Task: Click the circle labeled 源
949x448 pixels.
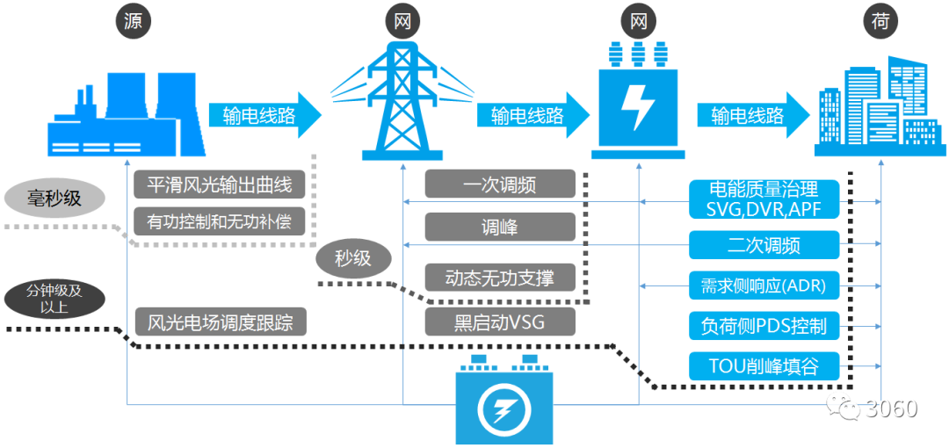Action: (x=132, y=22)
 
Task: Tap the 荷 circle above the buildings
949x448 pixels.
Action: (x=881, y=22)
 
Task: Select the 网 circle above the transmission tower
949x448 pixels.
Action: (x=402, y=22)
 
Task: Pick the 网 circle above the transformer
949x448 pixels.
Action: (x=639, y=22)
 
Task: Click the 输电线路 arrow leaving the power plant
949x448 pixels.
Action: (x=264, y=115)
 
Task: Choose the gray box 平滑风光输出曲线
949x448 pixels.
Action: (x=220, y=185)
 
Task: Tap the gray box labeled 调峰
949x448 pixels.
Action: (x=500, y=228)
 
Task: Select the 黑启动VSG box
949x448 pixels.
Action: (x=500, y=322)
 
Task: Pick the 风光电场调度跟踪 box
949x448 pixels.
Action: (x=220, y=322)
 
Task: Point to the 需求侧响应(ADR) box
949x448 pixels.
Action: (x=764, y=285)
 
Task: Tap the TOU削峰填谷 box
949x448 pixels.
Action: (x=764, y=365)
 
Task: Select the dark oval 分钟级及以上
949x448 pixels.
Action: (x=54, y=299)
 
